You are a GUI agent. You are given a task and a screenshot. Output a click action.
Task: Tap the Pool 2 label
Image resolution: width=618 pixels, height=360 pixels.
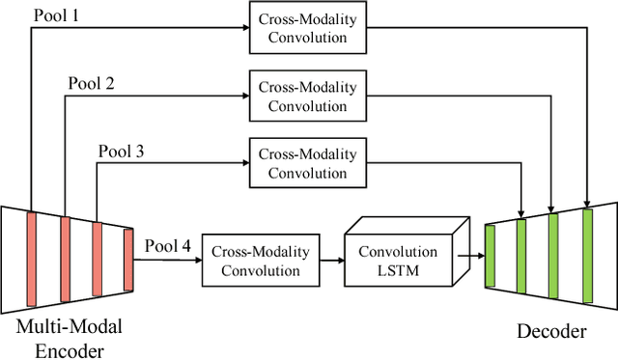click(91, 82)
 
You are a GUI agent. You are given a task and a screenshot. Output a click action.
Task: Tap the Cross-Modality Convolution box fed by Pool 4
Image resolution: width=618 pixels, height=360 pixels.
click(260, 261)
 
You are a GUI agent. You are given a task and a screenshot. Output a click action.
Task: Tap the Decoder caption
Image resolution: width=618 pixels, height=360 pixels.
click(552, 332)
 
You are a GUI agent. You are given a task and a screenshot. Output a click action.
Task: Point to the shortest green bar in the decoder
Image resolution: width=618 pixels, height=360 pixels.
click(490, 257)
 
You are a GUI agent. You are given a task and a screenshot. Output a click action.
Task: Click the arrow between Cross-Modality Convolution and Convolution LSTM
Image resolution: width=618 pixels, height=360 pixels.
click(332, 261)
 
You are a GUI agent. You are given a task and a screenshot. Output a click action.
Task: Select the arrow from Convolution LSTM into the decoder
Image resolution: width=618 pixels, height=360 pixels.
click(470, 257)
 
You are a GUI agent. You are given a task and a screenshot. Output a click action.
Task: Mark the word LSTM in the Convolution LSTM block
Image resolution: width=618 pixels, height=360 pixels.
click(399, 269)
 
